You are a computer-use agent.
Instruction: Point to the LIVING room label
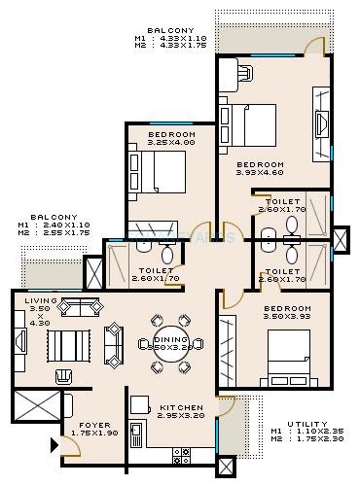[x=41, y=301]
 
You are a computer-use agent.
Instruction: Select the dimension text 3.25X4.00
[x=171, y=143]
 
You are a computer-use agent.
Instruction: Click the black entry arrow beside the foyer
[x=54, y=447]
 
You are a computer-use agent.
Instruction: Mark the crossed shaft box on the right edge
[x=340, y=239]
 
